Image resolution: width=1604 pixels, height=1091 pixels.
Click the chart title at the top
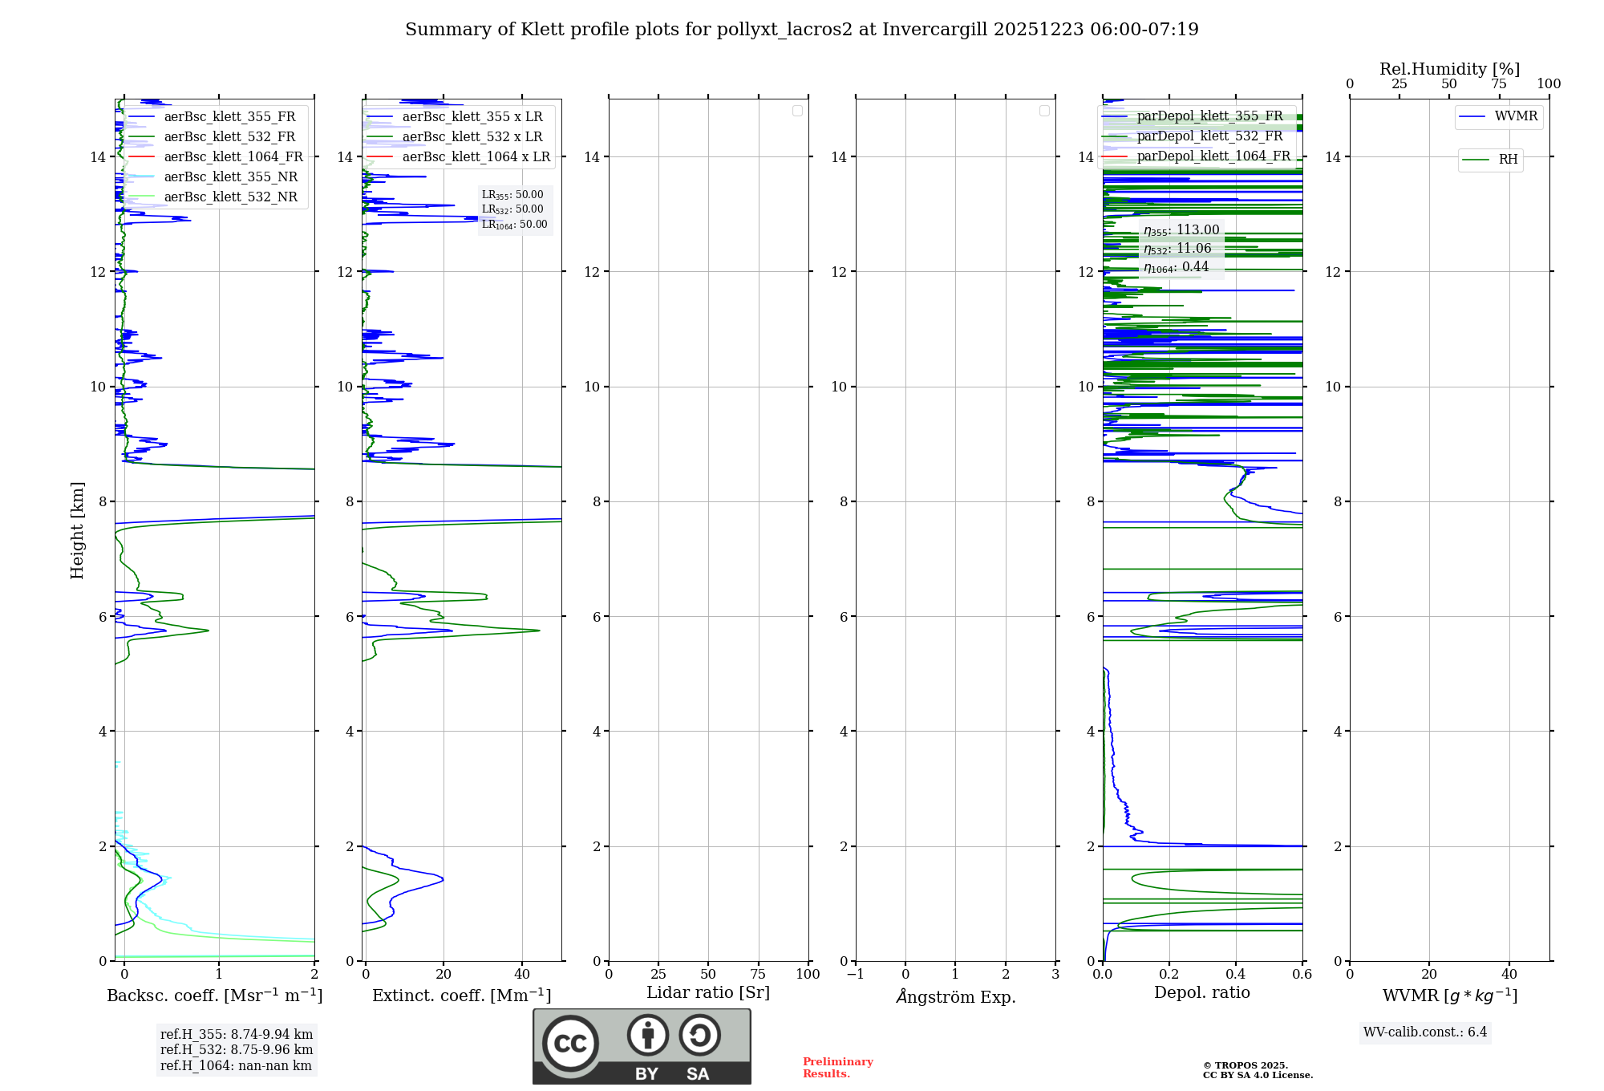(801, 30)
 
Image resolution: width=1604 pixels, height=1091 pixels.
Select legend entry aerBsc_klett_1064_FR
(233, 157)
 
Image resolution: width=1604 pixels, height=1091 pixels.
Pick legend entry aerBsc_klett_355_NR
(230, 177)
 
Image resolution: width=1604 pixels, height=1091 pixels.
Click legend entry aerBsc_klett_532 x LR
(472, 137)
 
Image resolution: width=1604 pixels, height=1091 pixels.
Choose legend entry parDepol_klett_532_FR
(1209, 136)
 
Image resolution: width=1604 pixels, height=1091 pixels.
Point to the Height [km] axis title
(77, 530)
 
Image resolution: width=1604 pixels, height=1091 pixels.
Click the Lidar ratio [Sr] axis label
(708, 993)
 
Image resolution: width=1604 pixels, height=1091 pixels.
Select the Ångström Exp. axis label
(956, 997)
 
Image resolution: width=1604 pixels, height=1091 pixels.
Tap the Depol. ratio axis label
(1201, 993)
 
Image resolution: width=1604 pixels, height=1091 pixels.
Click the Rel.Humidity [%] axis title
(1449, 69)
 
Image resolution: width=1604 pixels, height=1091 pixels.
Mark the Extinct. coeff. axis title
(461, 996)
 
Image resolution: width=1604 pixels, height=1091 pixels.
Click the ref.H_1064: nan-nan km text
(236, 1066)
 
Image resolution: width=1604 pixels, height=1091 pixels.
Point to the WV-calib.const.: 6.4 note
(1425, 1032)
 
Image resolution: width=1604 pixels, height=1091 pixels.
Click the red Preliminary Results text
(837, 1068)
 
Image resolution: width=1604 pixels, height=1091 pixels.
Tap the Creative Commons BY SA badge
(642, 1046)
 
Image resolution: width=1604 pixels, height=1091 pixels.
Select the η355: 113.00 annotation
(1181, 230)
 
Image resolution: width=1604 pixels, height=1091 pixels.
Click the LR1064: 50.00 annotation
(514, 225)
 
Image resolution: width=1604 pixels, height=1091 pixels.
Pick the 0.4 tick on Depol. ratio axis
(1236, 975)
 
